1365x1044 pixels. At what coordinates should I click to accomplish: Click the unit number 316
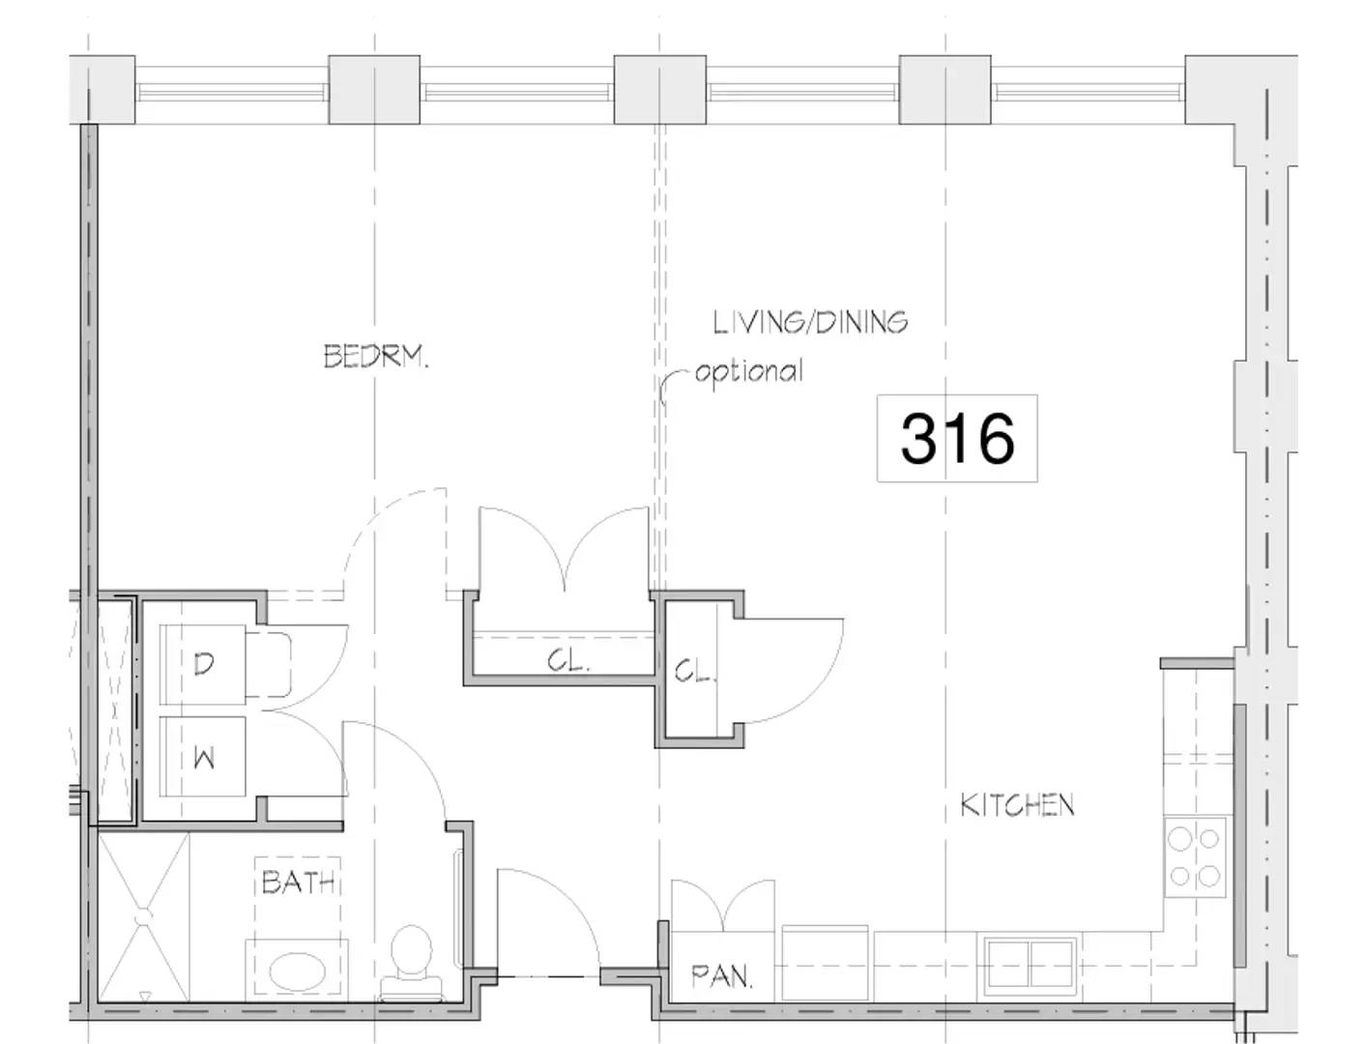coord(957,438)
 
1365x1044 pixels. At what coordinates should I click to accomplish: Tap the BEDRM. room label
coord(375,358)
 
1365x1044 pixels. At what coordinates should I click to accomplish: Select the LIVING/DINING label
coord(810,322)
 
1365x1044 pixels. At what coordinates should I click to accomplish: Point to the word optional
coord(748,371)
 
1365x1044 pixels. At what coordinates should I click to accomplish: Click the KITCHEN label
coord(1017,804)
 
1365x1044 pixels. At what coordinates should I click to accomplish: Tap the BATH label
coord(299,882)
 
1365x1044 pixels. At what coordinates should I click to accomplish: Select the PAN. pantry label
coord(721,976)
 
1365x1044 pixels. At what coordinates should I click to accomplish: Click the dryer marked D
coord(203,664)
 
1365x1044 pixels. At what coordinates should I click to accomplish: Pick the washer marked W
coord(203,758)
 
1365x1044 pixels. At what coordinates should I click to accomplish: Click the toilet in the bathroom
coord(412,957)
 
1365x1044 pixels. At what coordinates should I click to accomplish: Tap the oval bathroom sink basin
coord(296,971)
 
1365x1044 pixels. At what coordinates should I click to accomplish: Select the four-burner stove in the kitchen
coord(1195,855)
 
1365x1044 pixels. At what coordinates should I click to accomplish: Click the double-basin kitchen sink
coord(1030,963)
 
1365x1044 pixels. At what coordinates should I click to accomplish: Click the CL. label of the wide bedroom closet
coord(566,661)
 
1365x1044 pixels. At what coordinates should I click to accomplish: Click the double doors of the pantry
coord(723,905)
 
